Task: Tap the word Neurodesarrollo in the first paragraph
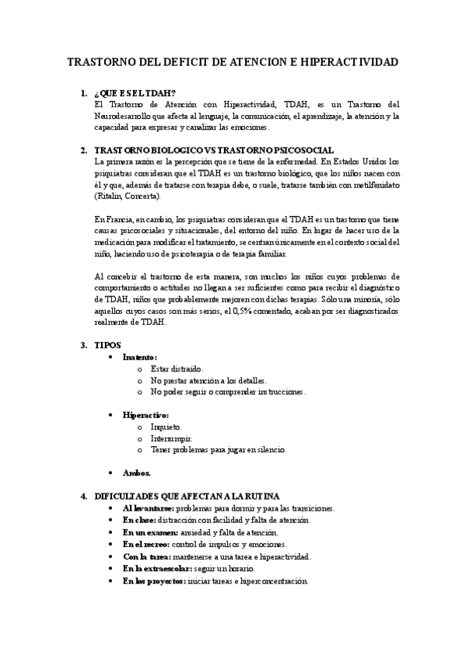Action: coord(124,116)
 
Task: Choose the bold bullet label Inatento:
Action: coord(140,357)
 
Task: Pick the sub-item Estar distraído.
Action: coord(177,369)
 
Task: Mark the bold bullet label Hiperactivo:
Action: coord(145,415)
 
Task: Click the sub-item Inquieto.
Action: coord(166,427)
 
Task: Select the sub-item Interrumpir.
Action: coord(171,438)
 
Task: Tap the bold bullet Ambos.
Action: coord(137,472)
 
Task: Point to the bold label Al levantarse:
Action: coord(148,507)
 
